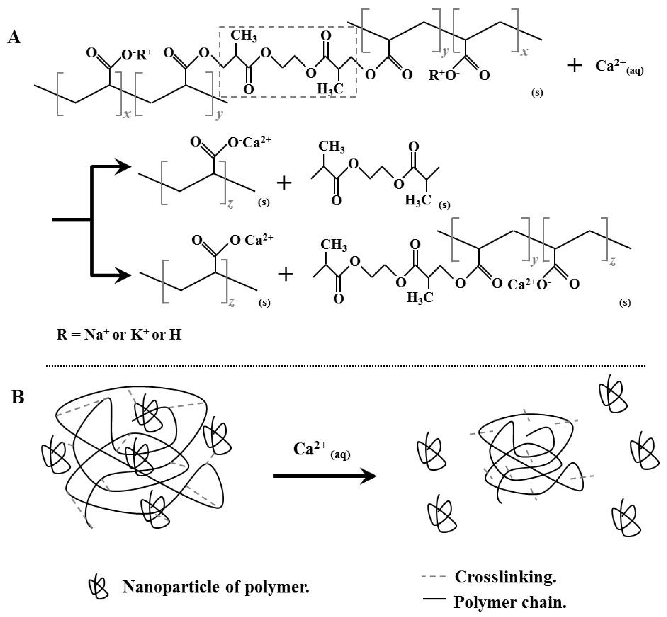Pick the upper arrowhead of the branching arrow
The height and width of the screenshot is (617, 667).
(122, 166)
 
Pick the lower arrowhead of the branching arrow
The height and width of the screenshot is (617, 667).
(122, 276)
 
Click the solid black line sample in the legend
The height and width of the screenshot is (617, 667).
(434, 599)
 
